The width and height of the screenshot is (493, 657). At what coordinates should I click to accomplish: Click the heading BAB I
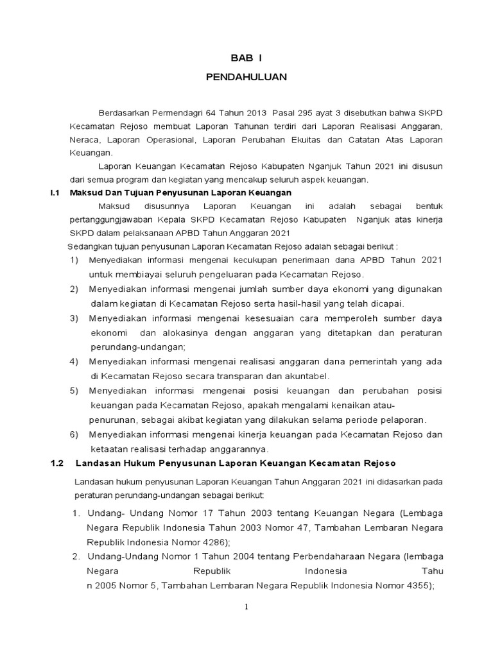pyautogui.click(x=247, y=56)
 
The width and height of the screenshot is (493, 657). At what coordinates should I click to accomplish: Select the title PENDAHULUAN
pyautogui.click(x=247, y=77)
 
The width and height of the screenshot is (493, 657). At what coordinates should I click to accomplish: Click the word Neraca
pyautogui.click(x=84, y=139)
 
